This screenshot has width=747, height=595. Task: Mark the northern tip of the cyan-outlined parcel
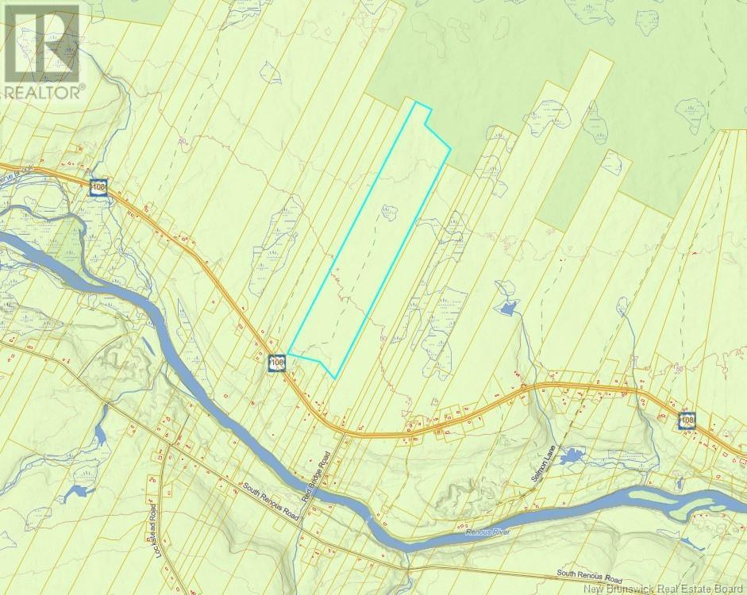415,101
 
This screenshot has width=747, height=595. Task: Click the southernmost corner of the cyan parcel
336,377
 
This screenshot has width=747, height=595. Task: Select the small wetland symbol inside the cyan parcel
387,212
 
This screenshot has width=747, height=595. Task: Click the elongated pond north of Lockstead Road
100,433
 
